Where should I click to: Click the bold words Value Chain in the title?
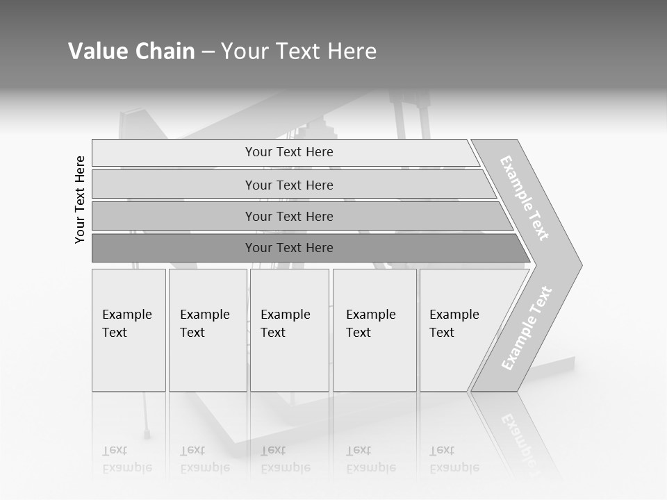[x=131, y=51]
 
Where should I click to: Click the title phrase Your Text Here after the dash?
[x=299, y=51]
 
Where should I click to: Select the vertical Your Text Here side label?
[x=80, y=199]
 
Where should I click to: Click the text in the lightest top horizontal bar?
[x=289, y=152]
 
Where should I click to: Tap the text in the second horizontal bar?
[x=289, y=185]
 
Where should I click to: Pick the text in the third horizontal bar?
[x=289, y=217]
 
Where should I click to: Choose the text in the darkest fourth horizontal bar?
[x=289, y=248]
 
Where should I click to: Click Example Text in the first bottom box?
[x=126, y=324]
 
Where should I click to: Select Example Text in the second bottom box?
[x=204, y=324]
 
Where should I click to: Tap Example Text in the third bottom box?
[x=285, y=324]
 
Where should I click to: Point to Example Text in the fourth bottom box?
[x=370, y=324]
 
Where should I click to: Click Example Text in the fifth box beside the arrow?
[x=454, y=324]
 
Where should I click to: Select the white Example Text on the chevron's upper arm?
[x=525, y=198]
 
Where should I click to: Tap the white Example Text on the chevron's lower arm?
[x=527, y=328]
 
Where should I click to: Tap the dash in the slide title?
[x=208, y=52]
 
